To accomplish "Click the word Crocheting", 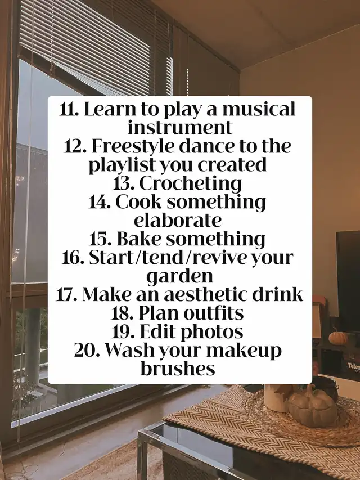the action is tap(191, 184).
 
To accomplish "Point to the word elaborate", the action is tap(178, 221).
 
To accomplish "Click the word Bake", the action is tap(139, 239).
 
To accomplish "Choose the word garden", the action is tap(179, 276).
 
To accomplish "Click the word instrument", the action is tap(179, 128).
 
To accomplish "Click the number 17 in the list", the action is tap(67, 295).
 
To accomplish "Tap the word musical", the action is tap(259, 109).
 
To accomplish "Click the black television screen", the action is tap(348, 280).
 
